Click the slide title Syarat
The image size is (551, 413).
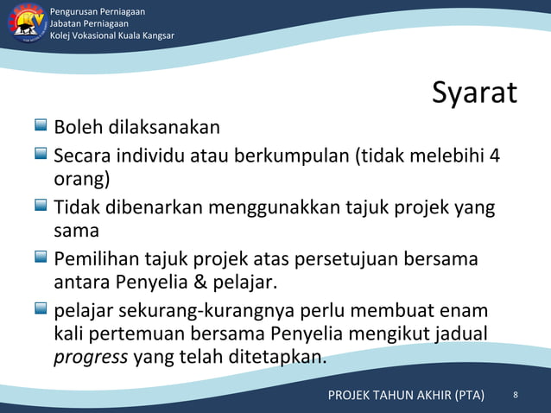point(474,93)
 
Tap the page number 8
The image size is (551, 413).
point(516,395)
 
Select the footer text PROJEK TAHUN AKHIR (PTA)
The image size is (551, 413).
point(406,396)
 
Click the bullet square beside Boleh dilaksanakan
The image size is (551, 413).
point(41,126)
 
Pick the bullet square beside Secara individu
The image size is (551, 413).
point(41,156)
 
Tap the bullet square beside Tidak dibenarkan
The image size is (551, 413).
point(41,206)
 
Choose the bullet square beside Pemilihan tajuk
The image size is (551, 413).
point(41,257)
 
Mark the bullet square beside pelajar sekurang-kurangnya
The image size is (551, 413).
point(41,308)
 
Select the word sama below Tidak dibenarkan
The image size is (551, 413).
point(76,232)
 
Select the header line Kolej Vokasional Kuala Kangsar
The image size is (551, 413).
point(112,35)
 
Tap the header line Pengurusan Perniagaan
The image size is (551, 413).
point(97,11)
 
